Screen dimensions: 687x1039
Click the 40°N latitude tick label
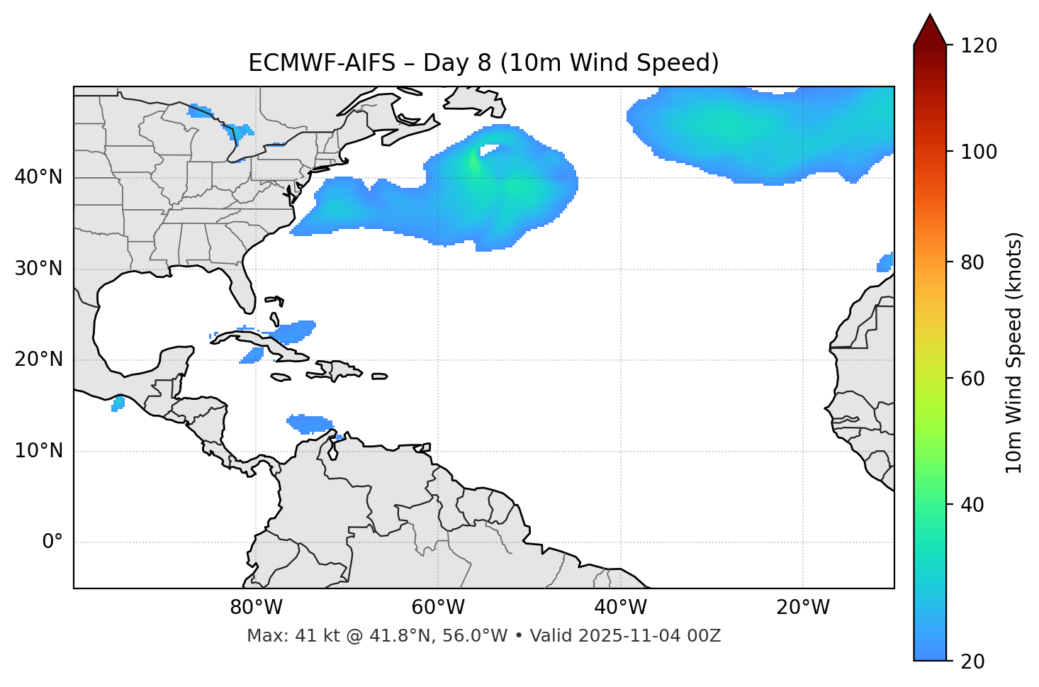[x=38, y=177]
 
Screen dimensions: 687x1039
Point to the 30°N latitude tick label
[x=38, y=269]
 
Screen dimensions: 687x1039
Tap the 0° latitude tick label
[x=52, y=542]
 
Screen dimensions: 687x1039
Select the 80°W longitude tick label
[x=256, y=608]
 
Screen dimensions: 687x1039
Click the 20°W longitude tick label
[x=803, y=608]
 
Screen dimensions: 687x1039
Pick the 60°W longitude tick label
[x=438, y=608]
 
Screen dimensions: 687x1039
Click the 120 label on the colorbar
[x=979, y=46]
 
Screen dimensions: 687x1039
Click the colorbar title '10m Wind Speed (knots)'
[x=1014, y=352]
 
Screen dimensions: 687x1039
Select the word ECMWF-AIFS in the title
[x=322, y=63]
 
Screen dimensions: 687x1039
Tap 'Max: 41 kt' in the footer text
[x=283, y=636]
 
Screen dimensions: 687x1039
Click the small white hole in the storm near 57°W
[x=489, y=150]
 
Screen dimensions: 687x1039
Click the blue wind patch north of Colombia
[x=310, y=424]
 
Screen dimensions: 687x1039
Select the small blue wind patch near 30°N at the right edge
[x=885, y=263]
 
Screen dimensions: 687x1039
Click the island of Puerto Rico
[x=379, y=376]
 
